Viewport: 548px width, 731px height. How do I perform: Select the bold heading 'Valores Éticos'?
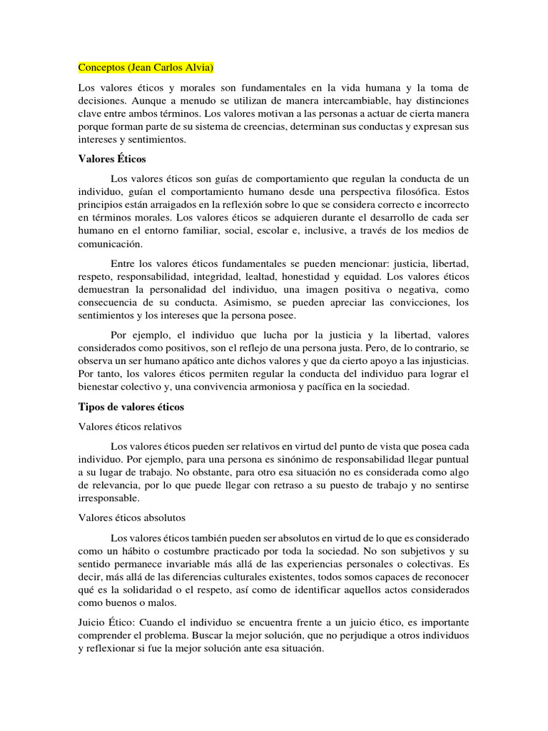point(111,158)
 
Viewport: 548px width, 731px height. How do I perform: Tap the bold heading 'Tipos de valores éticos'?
point(131,407)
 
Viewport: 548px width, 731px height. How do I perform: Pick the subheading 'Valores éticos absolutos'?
point(132,517)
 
